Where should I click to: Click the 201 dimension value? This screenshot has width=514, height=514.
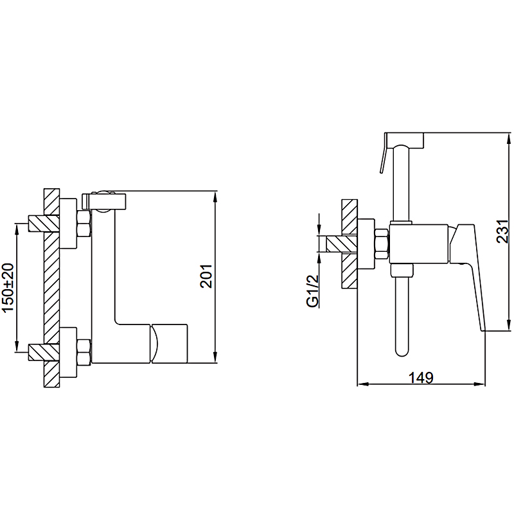pos(206,276)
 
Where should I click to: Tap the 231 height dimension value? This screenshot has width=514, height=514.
pos(502,231)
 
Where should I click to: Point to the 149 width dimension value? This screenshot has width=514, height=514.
pos(421,378)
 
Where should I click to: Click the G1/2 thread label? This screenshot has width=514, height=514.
pos(313,291)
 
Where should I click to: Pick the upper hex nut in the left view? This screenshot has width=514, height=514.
pos(84,224)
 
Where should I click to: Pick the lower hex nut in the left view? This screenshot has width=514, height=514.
pos(84,351)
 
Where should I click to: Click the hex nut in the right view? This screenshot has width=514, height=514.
pos(382,244)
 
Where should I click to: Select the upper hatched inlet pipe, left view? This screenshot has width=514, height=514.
pos(44,224)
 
